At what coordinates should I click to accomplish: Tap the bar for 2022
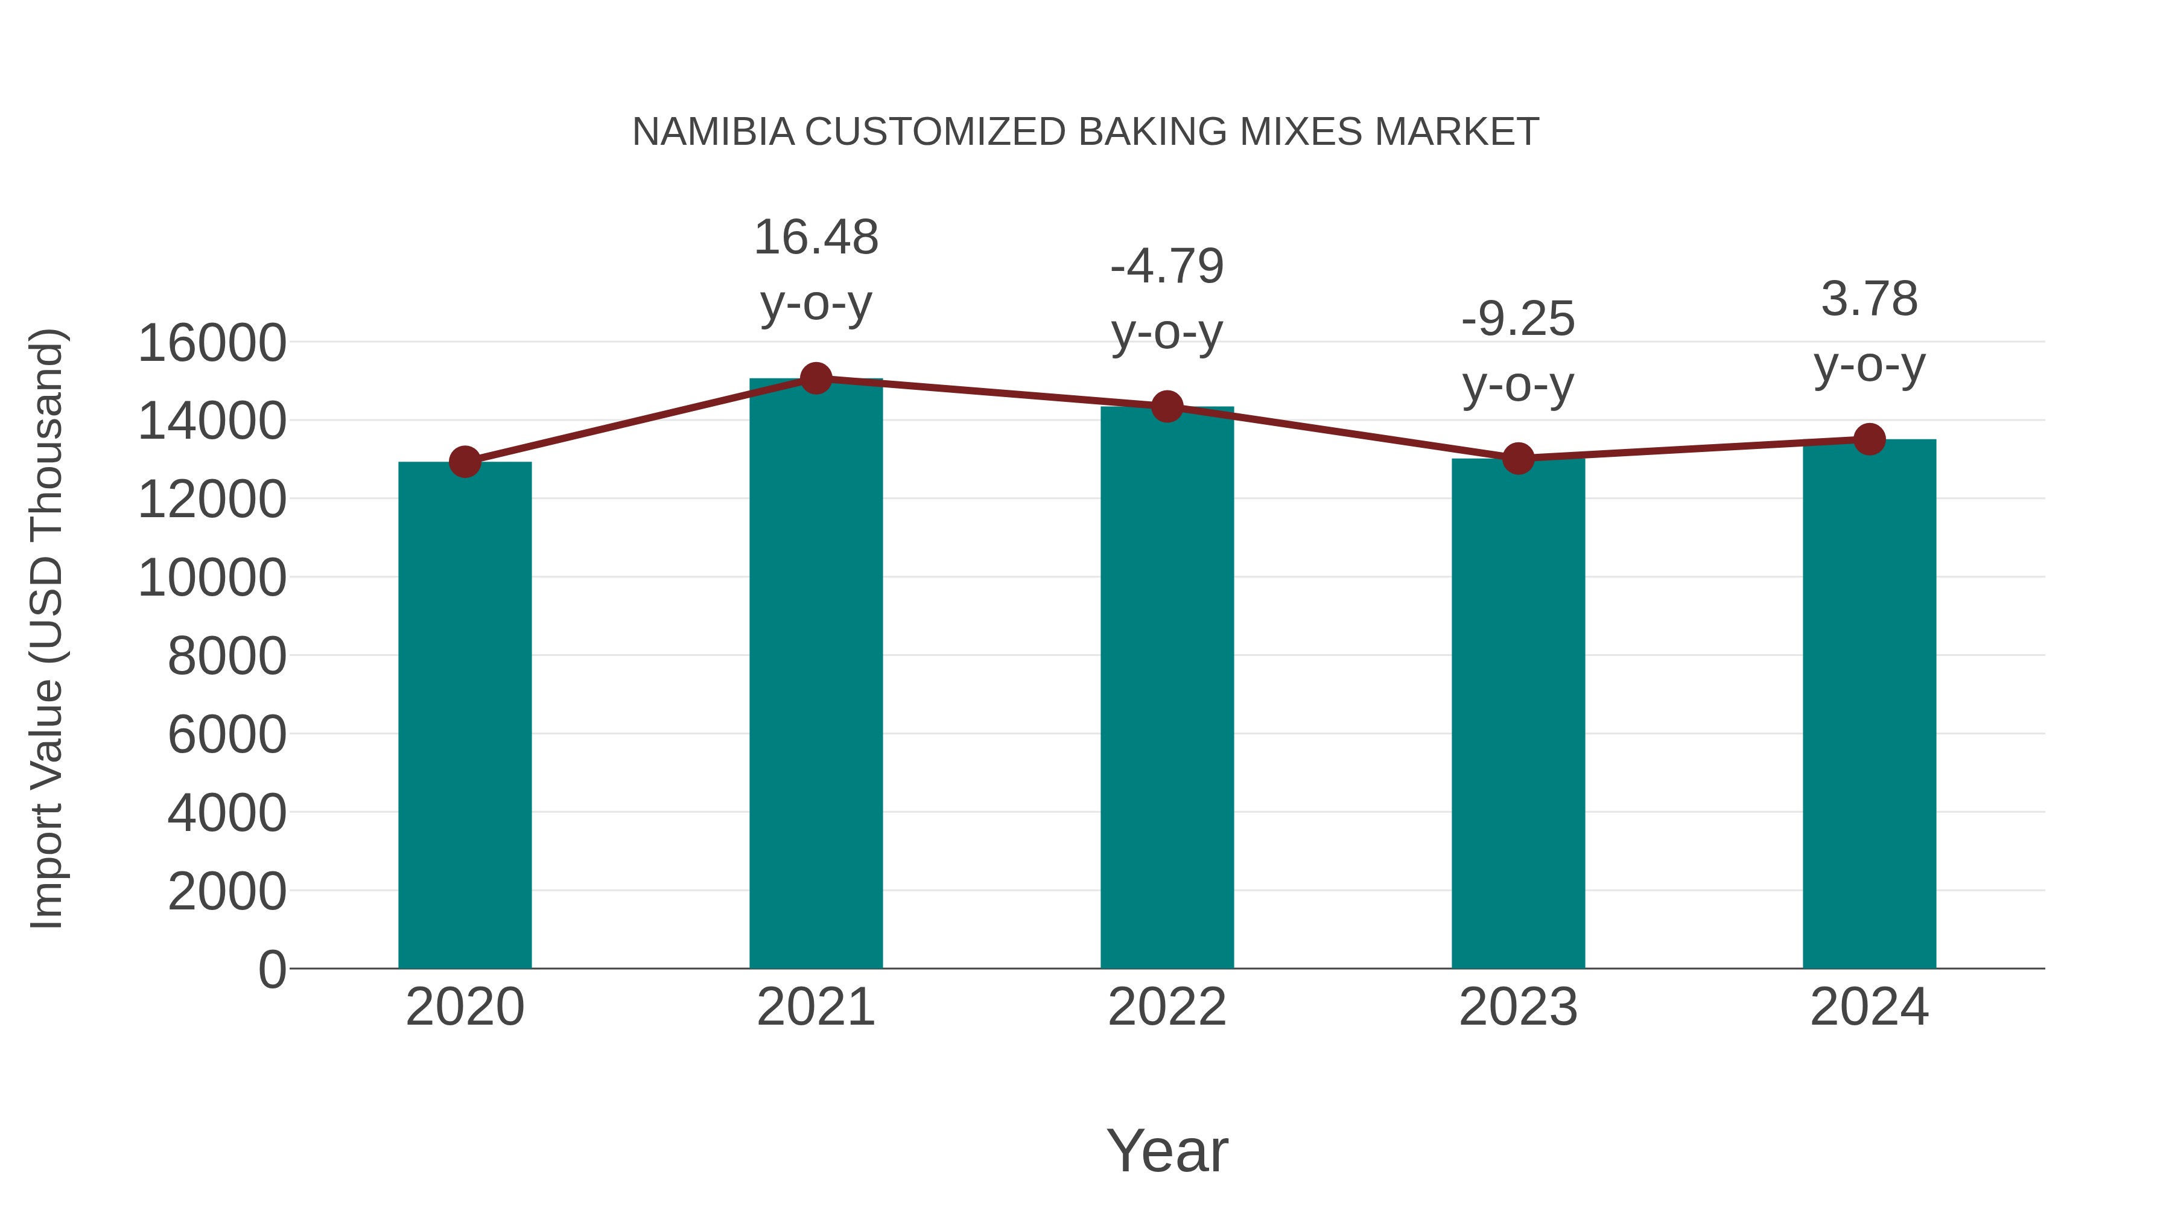click(1167, 687)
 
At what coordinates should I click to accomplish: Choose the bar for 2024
click(1869, 704)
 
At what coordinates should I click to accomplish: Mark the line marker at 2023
click(1518, 458)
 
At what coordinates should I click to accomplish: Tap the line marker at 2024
click(1869, 439)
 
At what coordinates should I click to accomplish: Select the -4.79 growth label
click(1167, 299)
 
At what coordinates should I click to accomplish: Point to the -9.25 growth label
click(1518, 352)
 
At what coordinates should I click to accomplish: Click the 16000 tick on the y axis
click(212, 343)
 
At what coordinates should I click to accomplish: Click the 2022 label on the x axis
click(1167, 1007)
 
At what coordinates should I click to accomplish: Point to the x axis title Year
click(1167, 1150)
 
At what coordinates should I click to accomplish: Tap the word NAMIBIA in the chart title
click(713, 132)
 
